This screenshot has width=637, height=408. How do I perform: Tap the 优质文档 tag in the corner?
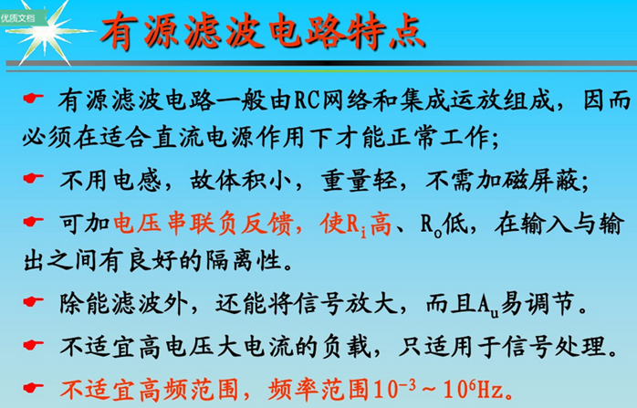click(x=18, y=18)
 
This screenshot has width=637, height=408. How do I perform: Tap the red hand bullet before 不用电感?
click(x=34, y=178)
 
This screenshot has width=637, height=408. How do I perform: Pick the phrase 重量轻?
click(x=359, y=181)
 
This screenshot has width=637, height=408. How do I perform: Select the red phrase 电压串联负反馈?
click(x=204, y=223)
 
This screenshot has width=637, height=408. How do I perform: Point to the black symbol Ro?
click(x=431, y=225)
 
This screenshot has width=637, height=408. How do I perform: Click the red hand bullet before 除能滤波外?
click(x=34, y=301)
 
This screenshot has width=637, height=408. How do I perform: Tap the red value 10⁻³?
click(x=395, y=389)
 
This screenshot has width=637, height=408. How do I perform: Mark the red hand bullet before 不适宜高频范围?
click(x=34, y=387)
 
